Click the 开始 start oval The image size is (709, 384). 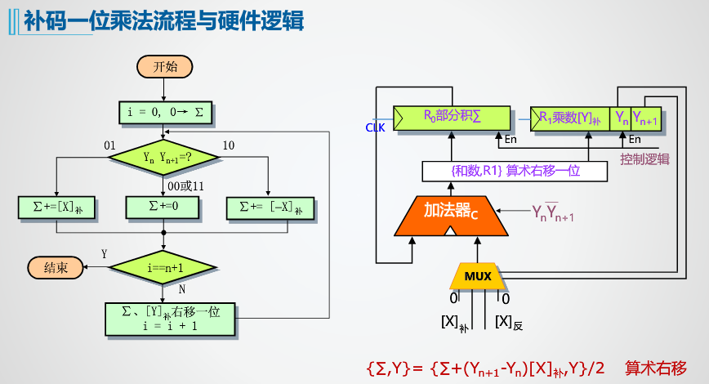pyautogui.click(x=165, y=67)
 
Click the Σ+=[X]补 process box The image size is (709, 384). pyautogui.click(x=56, y=208)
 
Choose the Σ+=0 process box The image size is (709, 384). pyautogui.click(x=165, y=208)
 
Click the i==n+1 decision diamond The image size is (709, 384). pyautogui.click(x=165, y=267)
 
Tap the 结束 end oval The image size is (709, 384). pyautogui.click(x=56, y=267)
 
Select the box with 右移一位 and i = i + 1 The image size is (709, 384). pyautogui.click(x=170, y=319)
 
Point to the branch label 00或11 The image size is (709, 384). pyautogui.click(x=185, y=186)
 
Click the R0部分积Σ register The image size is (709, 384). pyautogui.click(x=452, y=118)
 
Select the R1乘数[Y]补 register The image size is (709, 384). pyautogui.click(x=570, y=118)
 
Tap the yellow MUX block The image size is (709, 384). pyautogui.click(x=478, y=276)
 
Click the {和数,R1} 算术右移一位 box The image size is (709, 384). pyautogui.click(x=515, y=171)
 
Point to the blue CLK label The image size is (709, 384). pyautogui.click(x=375, y=127)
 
